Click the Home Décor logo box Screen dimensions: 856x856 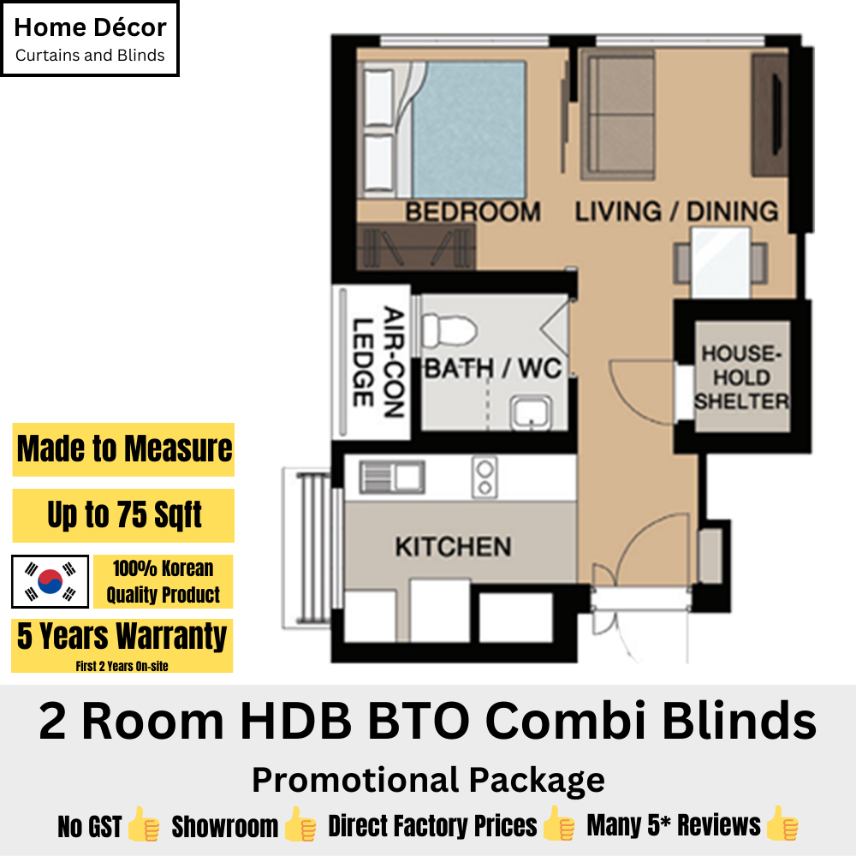90,39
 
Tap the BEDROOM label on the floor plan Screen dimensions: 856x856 473,211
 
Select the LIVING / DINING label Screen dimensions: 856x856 676,211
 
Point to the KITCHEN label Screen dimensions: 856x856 453,546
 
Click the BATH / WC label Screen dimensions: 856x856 494,368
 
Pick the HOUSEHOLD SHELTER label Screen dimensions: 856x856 742,377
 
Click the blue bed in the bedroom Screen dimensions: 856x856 468,130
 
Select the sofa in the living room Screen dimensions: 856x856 617,116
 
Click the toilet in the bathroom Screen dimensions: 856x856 449,330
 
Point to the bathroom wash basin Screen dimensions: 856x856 531,413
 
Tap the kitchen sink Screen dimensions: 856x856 392,477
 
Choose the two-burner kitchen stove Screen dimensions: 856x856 484,477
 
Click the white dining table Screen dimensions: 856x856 721,263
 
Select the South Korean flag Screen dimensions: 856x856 51,581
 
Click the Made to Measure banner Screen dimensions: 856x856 123,449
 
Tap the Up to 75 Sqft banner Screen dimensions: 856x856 123,515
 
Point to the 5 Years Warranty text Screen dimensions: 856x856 122,637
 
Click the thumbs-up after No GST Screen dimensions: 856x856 144,824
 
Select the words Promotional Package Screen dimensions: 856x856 428,780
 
